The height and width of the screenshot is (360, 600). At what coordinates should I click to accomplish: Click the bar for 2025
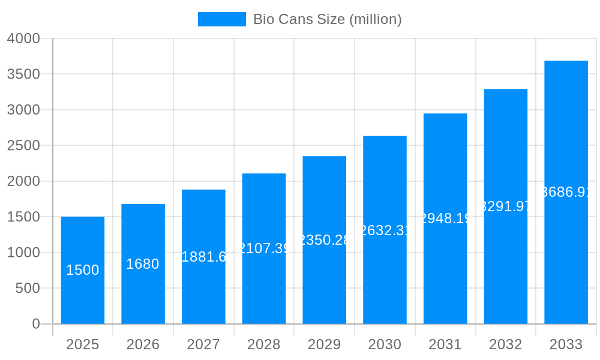[83, 270]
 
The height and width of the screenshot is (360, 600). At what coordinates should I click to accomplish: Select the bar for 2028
[264, 248]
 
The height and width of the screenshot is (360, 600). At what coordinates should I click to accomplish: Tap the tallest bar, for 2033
[566, 192]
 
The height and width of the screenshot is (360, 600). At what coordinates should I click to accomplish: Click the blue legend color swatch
[221, 19]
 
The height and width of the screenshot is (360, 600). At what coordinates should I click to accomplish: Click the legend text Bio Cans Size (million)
[327, 19]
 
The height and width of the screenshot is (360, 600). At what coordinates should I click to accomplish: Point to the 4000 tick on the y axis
[23, 38]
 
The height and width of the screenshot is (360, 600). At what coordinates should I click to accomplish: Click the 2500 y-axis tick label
[23, 146]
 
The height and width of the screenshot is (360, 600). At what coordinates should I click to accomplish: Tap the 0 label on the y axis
[35, 324]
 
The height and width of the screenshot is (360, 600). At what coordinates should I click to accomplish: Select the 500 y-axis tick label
[28, 289]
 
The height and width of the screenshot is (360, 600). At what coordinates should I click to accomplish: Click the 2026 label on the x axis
[143, 344]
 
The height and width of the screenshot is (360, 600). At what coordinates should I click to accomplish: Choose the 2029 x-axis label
[324, 344]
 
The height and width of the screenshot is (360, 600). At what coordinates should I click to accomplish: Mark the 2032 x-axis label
[505, 344]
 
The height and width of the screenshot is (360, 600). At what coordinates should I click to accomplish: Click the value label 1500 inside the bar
[83, 270]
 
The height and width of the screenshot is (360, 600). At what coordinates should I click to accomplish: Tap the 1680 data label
[143, 264]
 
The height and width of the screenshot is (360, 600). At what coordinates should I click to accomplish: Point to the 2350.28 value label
[324, 240]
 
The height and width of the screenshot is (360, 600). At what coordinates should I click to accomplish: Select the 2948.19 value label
[445, 218]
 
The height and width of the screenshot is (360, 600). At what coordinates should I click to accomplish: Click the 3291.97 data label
[505, 206]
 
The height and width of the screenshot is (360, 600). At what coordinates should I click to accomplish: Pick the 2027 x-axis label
[203, 344]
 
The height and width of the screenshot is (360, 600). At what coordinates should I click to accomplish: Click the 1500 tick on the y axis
[23, 217]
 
